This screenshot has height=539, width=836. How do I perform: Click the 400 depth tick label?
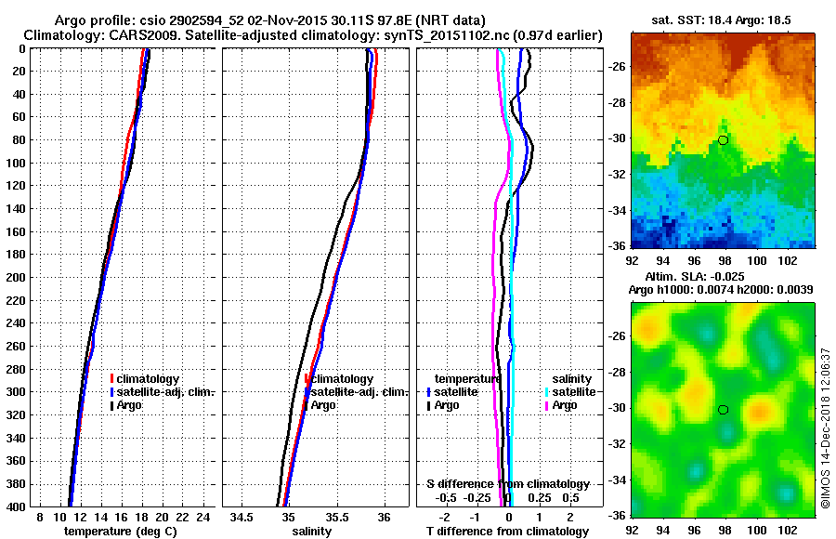[17, 506]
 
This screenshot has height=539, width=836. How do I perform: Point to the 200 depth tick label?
[17, 277]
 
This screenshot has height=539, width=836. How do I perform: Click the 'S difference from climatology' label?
[508, 484]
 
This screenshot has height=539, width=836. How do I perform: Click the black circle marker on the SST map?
[723, 140]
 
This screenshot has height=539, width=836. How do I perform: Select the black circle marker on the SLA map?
[723, 410]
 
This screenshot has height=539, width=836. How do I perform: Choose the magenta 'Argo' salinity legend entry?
[565, 405]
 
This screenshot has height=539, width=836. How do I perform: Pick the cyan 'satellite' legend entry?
[569, 392]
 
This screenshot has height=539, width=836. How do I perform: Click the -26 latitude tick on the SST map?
[616, 67]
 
